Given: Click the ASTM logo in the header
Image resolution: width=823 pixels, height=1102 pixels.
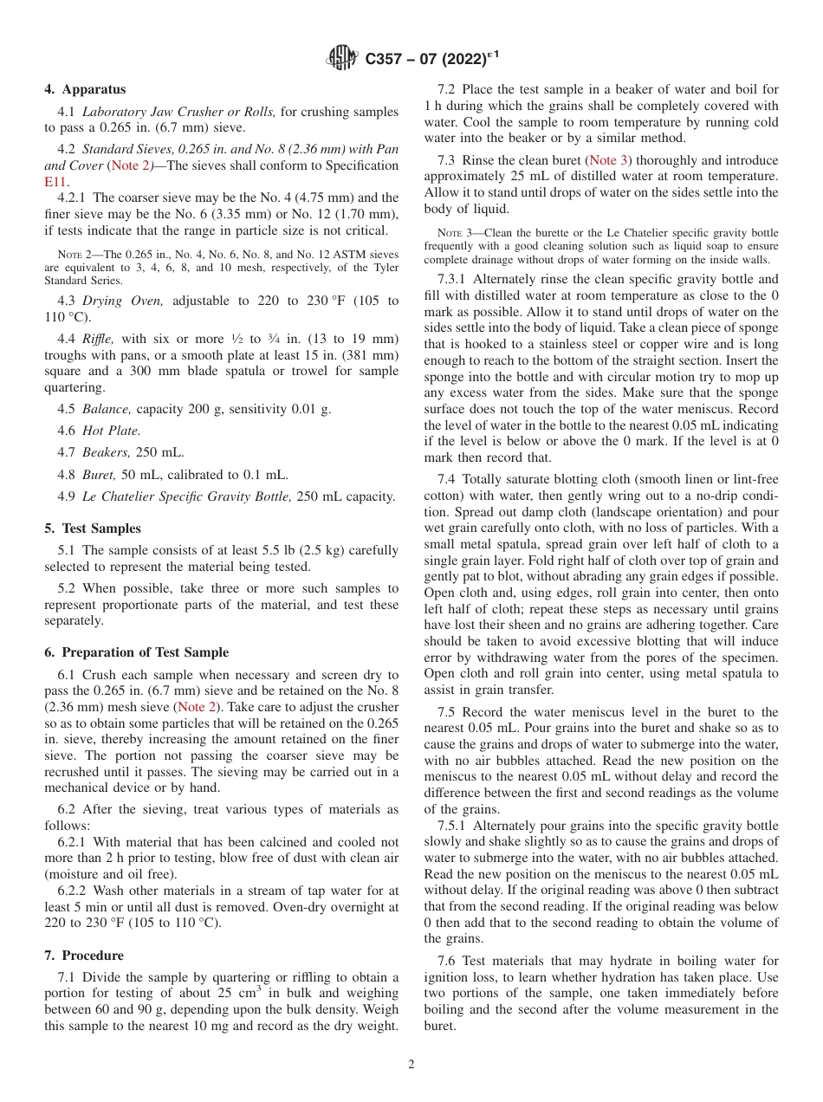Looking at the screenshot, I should (x=341, y=59).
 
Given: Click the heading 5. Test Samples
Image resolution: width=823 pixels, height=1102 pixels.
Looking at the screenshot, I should (x=93, y=528).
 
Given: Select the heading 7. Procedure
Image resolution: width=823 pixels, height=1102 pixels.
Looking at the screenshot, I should (x=84, y=956).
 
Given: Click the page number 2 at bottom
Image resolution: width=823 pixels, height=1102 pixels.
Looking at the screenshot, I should (x=411, y=1065).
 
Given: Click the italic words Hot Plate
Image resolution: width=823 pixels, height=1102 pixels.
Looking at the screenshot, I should (x=111, y=431).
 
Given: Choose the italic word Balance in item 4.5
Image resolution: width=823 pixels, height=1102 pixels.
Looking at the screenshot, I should (x=107, y=409).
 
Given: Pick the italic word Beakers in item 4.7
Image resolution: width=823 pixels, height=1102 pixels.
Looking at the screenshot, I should (x=107, y=452).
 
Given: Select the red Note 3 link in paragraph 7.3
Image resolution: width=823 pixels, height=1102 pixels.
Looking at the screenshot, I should (x=609, y=160).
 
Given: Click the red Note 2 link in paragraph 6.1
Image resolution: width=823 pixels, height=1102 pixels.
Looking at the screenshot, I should (x=198, y=707).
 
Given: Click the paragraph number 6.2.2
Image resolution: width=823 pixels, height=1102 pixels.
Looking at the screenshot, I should (x=73, y=891).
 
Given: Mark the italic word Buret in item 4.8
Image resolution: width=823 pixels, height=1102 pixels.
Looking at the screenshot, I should (x=100, y=475).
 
